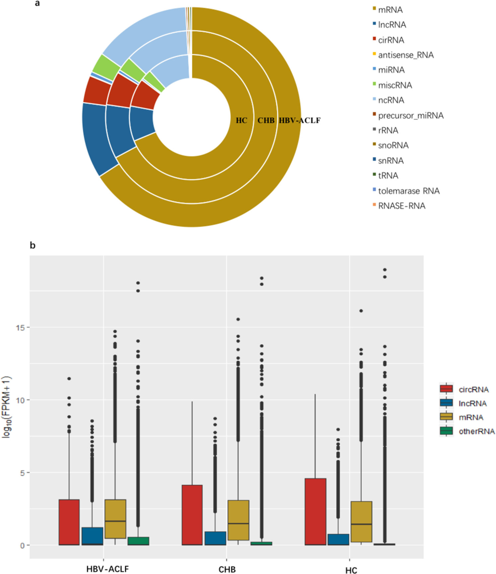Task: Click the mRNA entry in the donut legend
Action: click(390, 10)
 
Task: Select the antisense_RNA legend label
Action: click(405, 55)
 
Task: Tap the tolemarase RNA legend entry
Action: click(408, 191)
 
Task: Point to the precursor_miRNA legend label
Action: click(410, 115)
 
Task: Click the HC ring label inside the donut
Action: click(242, 120)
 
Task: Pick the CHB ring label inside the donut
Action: click(266, 120)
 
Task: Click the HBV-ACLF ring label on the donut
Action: click(300, 120)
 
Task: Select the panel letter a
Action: click(37, 4)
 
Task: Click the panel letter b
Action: click(33, 246)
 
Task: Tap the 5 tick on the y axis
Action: click(23, 473)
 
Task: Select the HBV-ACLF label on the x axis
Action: click(107, 569)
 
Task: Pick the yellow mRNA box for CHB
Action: click(238, 520)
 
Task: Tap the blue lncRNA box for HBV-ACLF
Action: click(92, 536)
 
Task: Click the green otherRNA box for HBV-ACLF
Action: click(138, 541)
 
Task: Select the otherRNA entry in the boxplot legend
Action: click(476, 431)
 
